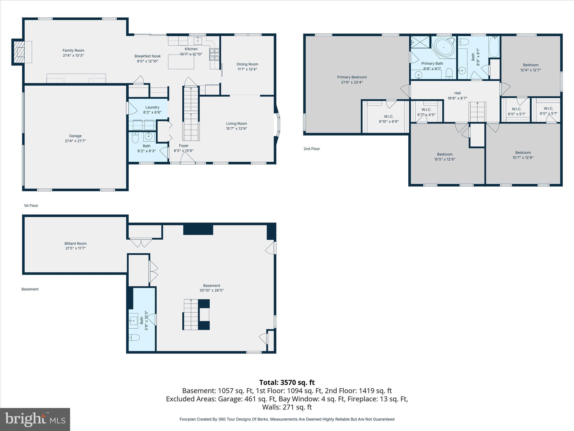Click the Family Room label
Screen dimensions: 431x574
(x=73, y=51)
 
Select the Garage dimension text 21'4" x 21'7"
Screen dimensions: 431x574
(x=75, y=141)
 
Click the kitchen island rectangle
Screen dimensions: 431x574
(x=181, y=62)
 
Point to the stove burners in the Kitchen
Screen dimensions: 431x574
(x=214, y=54)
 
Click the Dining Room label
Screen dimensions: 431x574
(x=247, y=64)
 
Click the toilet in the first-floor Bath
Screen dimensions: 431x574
(x=135, y=137)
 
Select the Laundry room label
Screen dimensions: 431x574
(x=152, y=107)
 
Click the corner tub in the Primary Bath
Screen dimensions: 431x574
(x=444, y=47)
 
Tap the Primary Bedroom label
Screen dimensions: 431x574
(x=352, y=77)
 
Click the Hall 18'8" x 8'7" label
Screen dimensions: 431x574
(x=457, y=96)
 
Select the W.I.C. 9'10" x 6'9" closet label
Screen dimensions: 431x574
(x=389, y=119)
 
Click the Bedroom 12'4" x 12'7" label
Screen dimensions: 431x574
(x=531, y=67)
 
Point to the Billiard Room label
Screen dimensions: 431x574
(x=75, y=244)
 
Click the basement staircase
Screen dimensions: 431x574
(x=191, y=315)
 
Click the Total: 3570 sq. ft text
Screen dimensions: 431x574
(x=287, y=382)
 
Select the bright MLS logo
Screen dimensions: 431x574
(x=35, y=419)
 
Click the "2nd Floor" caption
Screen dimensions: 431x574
(x=312, y=149)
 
